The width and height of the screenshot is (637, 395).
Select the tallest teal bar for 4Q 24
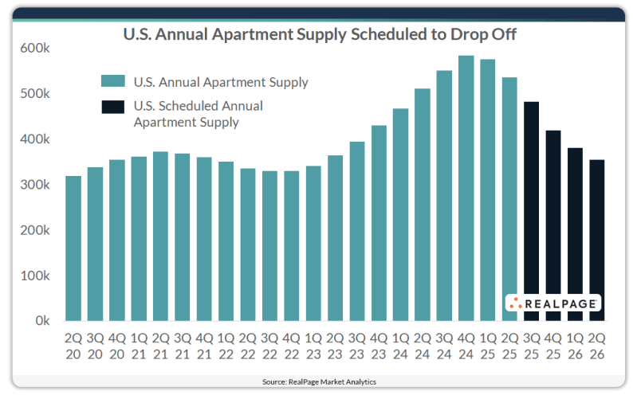(466, 188)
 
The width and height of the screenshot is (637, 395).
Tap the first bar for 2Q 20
(73, 248)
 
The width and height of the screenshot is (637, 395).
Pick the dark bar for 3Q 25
(532, 211)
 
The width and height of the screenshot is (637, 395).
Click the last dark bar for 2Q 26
(596, 241)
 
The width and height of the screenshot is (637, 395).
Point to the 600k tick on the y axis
(35, 48)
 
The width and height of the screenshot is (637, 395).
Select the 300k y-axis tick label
(35, 185)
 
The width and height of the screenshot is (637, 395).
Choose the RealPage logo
(552, 303)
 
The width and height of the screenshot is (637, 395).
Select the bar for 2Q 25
(509, 199)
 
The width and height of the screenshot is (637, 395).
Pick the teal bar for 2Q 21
(160, 237)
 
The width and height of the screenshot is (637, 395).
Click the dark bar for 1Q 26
(575, 234)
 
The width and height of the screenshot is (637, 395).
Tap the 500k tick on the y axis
(35, 93)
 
